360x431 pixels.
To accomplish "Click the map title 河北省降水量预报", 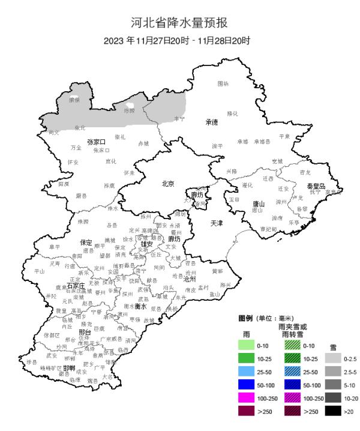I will pos(179,23).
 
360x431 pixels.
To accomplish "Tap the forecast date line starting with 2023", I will pos(177,41).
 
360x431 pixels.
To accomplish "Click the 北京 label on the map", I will pos(168,184).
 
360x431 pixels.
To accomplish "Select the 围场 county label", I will pos(223,83).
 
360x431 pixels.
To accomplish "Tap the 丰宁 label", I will pos(179,119).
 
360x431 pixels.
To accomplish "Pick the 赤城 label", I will pos(143,144).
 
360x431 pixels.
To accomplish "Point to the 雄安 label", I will pos(147,244).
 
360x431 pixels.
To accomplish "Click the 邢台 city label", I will pos(84,332).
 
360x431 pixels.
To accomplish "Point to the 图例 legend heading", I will pos(245,318).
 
